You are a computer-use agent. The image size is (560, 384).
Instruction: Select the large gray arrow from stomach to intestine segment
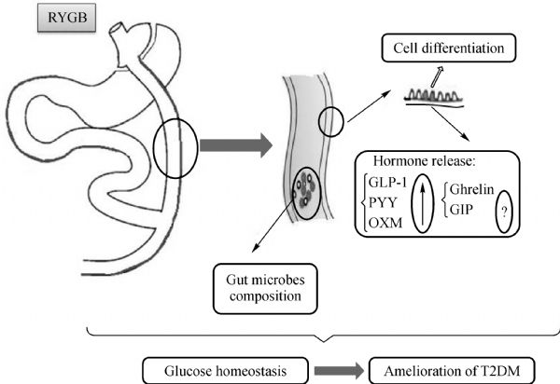point(234,144)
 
